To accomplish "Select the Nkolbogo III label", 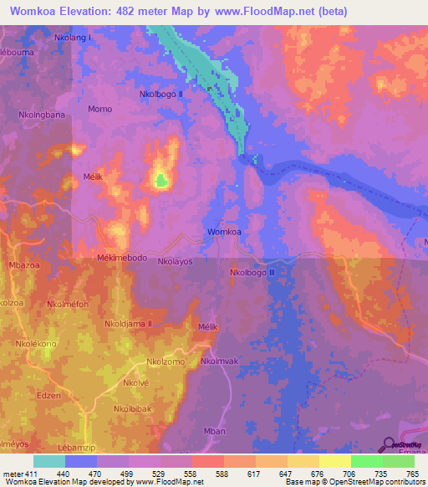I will [x=253, y=273].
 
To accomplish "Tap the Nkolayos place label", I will [x=176, y=261].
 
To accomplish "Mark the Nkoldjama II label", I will [x=129, y=323].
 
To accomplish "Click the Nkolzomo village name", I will [x=166, y=361].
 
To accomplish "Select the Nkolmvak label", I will [x=220, y=361].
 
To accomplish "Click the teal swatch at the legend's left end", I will [x=49, y=461].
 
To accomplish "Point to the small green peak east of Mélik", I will [x=160, y=178].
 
